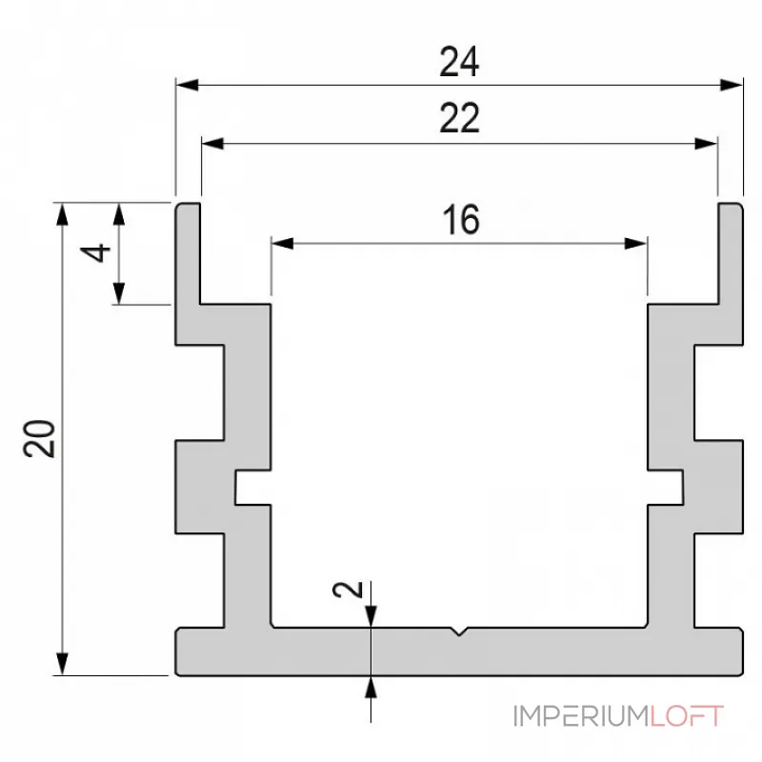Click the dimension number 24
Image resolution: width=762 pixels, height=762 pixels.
coord(458,63)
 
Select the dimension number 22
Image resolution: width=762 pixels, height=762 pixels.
coord(458,120)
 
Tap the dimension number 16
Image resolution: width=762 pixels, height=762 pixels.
coord(460,220)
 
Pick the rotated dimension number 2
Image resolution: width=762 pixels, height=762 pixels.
coord(350,591)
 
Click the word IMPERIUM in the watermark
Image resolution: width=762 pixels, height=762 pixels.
coord(582,715)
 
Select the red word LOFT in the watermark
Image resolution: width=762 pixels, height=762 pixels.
coord(688,715)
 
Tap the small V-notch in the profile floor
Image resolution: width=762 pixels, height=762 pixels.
coord(460,632)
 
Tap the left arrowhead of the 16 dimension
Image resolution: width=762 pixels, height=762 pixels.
coord(282,244)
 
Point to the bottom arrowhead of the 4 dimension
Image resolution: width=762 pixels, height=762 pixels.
coord(120,294)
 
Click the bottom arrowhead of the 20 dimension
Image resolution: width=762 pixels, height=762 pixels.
coord(63,664)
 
